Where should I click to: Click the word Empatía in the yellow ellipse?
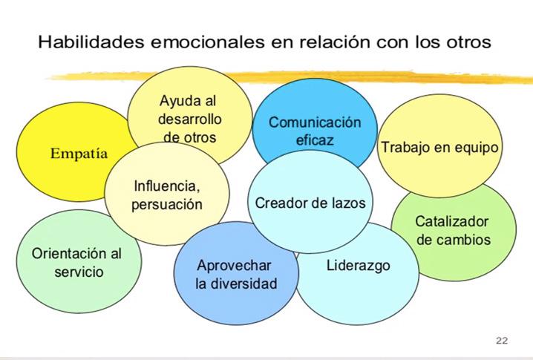tap(79, 154)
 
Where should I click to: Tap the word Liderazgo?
tap(358, 265)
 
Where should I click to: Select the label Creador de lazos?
tap(310, 202)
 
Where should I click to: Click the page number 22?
tap(502, 340)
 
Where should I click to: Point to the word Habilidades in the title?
tap(89, 42)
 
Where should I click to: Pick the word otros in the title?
tap(469, 42)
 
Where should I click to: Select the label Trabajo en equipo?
tap(439, 147)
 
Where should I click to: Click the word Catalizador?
tap(453, 221)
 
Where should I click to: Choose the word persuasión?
tap(167, 204)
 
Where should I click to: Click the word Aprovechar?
tap(235, 265)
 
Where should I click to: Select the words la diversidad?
tap(236, 284)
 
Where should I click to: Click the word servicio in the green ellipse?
tap(79, 272)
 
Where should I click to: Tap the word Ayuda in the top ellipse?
tap(181, 99)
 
